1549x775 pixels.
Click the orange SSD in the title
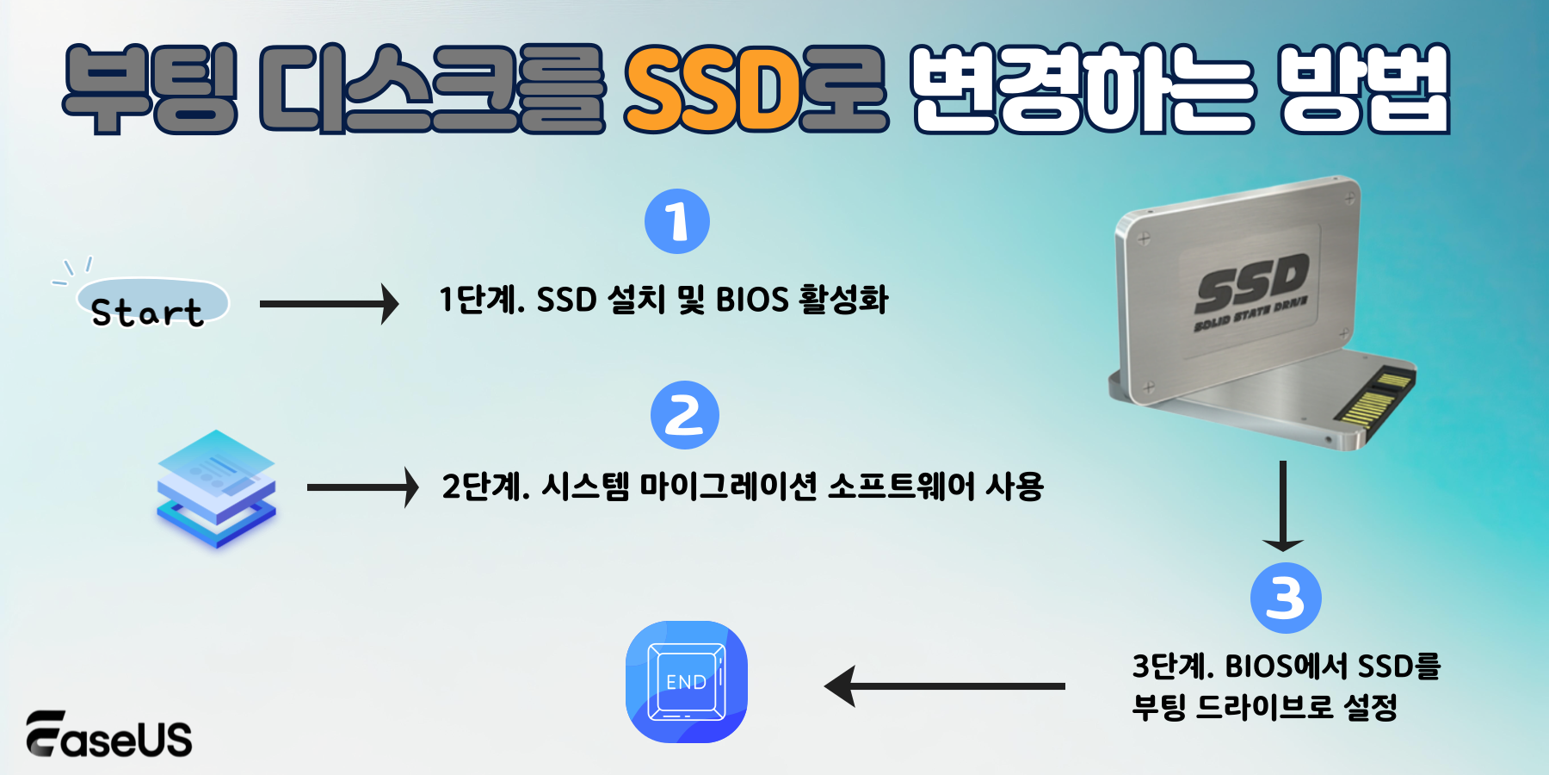point(713,89)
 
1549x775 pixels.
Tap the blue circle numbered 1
point(677,221)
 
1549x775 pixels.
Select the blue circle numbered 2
point(684,415)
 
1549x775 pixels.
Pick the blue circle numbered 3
point(1285,598)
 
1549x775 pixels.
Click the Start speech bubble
point(151,304)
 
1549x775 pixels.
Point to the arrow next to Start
point(329,304)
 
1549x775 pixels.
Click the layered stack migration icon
point(216,488)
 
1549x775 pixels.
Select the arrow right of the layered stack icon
point(362,487)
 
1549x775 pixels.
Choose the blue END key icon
point(686,682)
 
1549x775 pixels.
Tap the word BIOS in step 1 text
point(752,300)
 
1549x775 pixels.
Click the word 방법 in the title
point(1364,89)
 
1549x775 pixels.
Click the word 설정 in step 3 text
point(1370,708)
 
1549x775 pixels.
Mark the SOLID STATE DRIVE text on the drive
point(1250,314)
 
